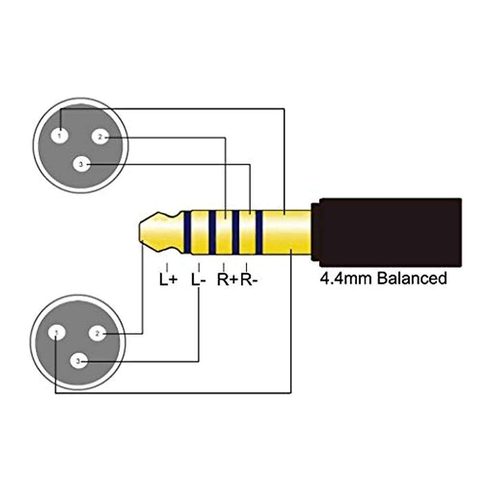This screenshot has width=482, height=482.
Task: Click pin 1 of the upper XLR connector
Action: (60, 136)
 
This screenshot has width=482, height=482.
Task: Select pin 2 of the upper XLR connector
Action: (100, 137)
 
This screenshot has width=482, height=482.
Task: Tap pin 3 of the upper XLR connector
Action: (82, 164)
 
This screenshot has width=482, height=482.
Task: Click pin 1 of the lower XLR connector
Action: (57, 333)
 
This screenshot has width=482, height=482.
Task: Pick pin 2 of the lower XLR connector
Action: (97, 333)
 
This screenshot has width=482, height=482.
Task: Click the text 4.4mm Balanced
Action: (383, 278)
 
